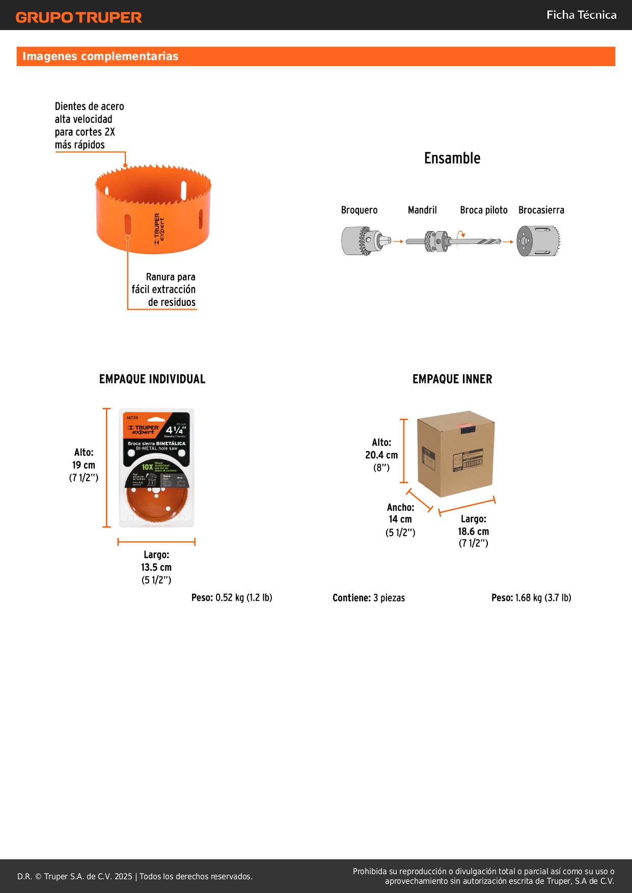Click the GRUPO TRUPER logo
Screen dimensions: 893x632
pos(78,17)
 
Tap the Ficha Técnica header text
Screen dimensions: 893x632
pos(581,15)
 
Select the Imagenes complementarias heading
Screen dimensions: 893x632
pos(100,57)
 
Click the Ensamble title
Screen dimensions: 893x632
pos(452,158)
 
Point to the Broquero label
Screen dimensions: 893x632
pos(359,210)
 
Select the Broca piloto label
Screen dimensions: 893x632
pos(483,210)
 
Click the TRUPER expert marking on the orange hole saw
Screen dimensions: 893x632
pos(159,229)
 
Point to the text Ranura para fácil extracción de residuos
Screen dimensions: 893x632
pos(164,289)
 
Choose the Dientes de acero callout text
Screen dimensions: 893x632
pos(89,125)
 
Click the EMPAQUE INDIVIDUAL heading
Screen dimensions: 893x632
pos(152,379)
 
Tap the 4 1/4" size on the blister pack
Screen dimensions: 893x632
pos(176,430)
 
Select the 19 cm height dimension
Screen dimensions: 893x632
pos(84,465)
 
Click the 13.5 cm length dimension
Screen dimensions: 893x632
pos(156,567)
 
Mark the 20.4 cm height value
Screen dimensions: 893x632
pos(381,455)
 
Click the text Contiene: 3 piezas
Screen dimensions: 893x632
pos(369,598)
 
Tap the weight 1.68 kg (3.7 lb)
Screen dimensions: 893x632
pos(531,598)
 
